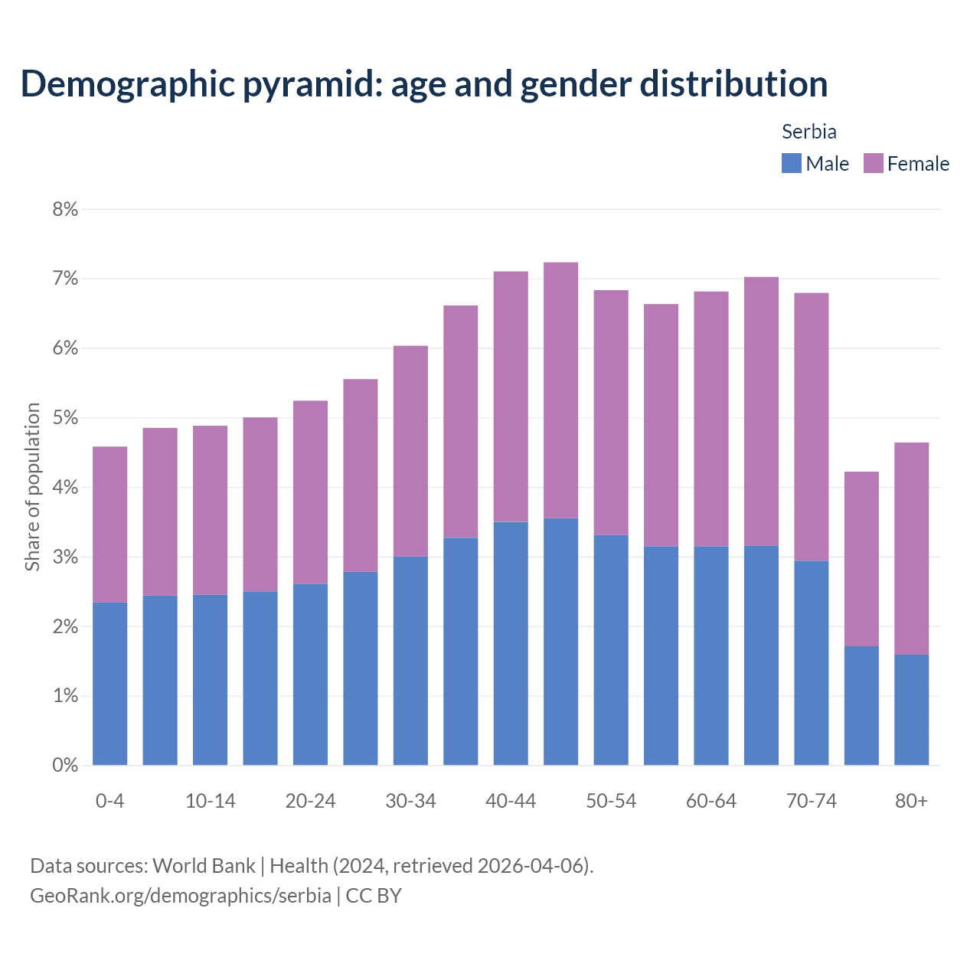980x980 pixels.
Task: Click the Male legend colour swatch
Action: click(x=791, y=163)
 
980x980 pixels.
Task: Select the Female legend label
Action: click(x=918, y=164)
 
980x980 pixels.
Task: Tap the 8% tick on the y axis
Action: click(x=66, y=210)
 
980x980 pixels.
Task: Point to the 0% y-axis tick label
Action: click(x=66, y=765)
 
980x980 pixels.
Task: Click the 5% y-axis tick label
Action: click(x=66, y=418)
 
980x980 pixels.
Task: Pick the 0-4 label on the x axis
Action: click(x=109, y=801)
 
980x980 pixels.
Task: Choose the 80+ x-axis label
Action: click(x=911, y=801)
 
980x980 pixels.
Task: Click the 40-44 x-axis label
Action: click(x=511, y=801)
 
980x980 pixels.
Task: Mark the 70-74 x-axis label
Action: click(x=811, y=801)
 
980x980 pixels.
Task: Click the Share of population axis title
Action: click(x=32, y=487)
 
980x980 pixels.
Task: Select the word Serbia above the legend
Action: click(x=808, y=132)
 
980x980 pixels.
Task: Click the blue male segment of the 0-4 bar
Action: click(x=109, y=684)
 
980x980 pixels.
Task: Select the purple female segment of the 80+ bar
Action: click(x=911, y=548)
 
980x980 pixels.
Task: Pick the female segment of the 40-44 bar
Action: click(x=511, y=397)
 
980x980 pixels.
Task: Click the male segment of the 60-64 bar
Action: click(x=711, y=655)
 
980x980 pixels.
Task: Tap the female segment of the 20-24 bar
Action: click(x=310, y=492)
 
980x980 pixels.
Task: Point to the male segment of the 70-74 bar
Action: click(x=811, y=663)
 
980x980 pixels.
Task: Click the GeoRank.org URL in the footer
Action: click(x=180, y=895)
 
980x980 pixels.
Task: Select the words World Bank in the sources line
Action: click(x=204, y=866)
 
